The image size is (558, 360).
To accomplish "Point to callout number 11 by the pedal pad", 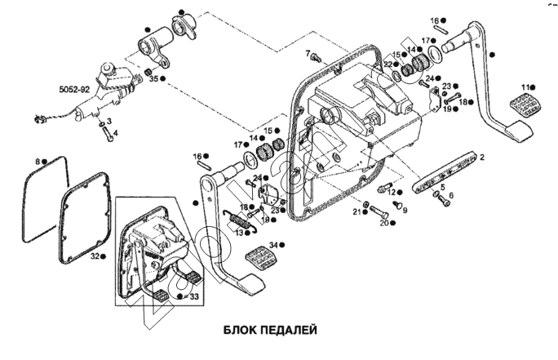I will pyautogui.click(x=528, y=86).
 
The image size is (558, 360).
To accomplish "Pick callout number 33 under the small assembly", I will pyautogui.click(x=193, y=296).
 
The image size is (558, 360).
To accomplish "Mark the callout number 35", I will pyautogui.click(x=152, y=78).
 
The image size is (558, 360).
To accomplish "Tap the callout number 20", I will pyautogui.click(x=384, y=222).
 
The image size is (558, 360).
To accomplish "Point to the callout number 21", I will pyautogui.click(x=355, y=212).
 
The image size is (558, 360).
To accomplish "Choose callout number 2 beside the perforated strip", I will pyautogui.click(x=481, y=156).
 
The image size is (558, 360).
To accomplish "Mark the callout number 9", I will pyautogui.click(x=404, y=210).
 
